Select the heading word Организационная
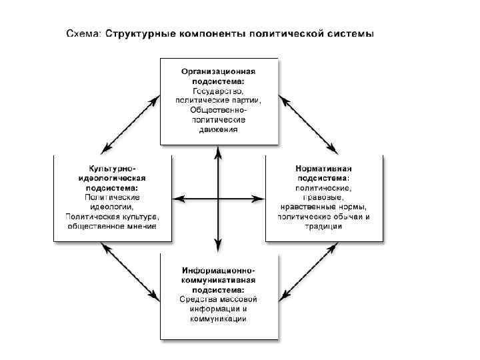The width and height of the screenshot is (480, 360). [x=219, y=71]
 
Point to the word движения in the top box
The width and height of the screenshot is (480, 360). [x=218, y=129]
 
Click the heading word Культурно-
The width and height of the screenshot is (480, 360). [x=112, y=169]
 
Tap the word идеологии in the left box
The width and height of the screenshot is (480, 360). [x=112, y=207]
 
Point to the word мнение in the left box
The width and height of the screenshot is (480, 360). [x=139, y=227]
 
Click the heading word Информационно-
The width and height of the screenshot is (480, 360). [x=218, y=270]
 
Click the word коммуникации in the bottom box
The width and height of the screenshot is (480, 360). [x=218, y=319]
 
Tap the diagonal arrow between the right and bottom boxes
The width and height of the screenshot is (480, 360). [x=308, y=272]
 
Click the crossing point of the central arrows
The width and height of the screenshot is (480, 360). [x=218, y=198]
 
